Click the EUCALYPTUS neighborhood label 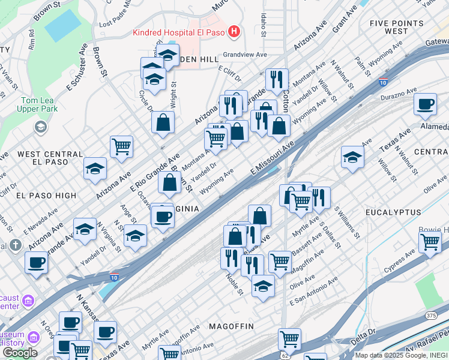pos(391,212)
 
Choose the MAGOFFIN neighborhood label pos(231,326)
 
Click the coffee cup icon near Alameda pos(425,104)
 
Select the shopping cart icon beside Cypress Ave pos(430,242)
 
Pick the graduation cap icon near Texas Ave pos(352,157)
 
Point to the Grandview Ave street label pos(245,54)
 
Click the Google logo pos(19,353)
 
